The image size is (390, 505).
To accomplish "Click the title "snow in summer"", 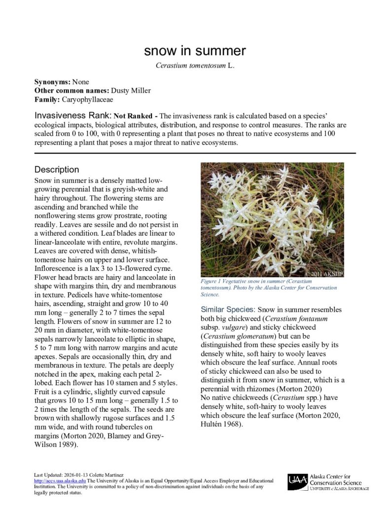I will coord(195,51).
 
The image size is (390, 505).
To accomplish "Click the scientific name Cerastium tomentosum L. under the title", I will coord(195,66).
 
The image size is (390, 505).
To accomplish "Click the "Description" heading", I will coord(57,170).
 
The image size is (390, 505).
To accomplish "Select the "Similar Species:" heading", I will coord(227,309).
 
